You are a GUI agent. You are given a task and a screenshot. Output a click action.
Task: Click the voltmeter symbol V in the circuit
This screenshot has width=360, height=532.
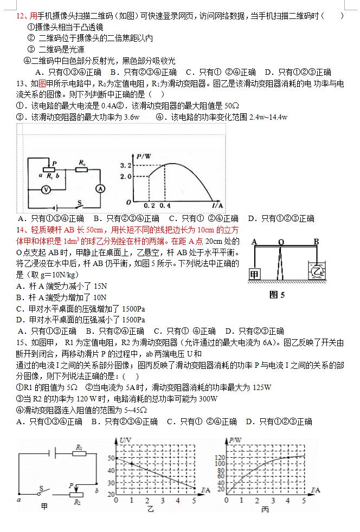click(x=47, y=190)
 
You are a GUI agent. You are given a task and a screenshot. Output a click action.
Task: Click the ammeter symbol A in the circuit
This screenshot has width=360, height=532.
click(x=99, y=189)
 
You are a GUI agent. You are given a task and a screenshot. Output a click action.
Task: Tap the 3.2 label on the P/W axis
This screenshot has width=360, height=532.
click(x=126, y=165)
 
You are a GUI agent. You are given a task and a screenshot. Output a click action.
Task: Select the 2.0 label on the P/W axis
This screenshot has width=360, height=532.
click(x=126, y=177)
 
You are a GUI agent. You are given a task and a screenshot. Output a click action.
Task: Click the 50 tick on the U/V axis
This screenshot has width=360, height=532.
click(x=111, y=458)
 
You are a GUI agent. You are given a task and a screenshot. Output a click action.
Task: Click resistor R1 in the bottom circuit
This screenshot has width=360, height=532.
click(x=79, y=455)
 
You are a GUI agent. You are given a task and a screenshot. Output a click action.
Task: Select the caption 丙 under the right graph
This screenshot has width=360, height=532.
click(x=265, y=510)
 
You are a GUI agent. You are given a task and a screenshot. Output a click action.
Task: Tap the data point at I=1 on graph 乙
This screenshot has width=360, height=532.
click(x=132, y=463)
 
